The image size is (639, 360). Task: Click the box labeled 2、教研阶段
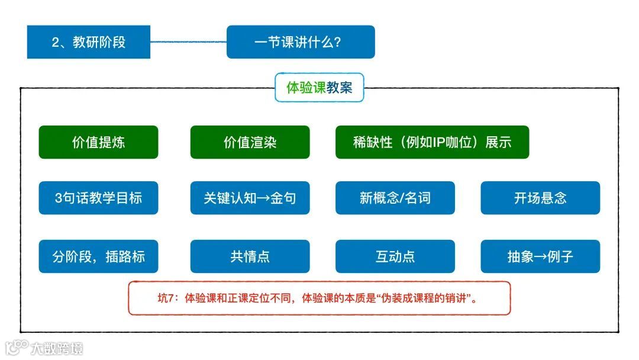click(89, 42)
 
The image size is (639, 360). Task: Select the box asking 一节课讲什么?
click(301, 42)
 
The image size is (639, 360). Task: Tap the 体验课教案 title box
click(319, 88)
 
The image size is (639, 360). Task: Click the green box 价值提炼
click(98, 142)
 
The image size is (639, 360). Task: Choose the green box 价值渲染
click(250, 142)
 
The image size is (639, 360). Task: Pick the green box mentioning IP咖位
click(432, 142)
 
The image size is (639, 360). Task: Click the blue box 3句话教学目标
click(98, 198)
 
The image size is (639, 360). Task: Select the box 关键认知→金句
click(250, 198)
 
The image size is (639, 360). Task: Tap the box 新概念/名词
click(395, 198)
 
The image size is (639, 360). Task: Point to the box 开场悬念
click(540, 198)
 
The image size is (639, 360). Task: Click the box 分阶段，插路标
click(98, 256)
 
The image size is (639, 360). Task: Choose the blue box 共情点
click(250, 256)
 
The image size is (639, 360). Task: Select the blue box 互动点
click(395, 256)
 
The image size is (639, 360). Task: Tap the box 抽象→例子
click(540, 256)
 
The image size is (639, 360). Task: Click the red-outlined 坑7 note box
click(319, 298)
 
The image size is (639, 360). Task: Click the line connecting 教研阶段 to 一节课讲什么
click(188, 42)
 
